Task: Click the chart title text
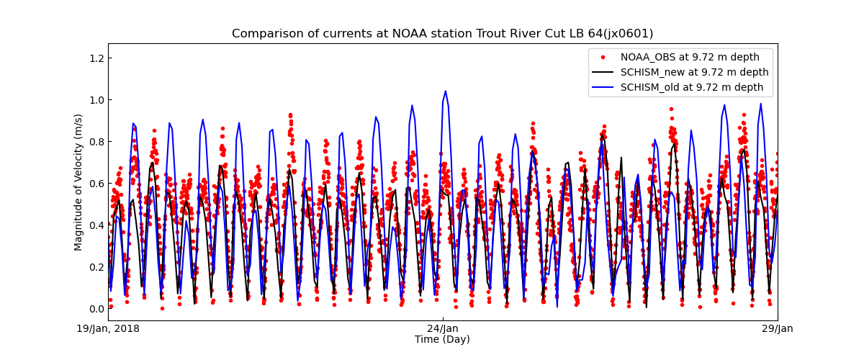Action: pos(442,34)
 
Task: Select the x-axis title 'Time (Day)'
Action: pos(442,339)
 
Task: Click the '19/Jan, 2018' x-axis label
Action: pos(109,329)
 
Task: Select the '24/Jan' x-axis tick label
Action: pos(443,329)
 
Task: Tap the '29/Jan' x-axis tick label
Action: pos(777,329)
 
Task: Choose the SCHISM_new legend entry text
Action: pos(694,72)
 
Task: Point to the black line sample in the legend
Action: pos(603,72)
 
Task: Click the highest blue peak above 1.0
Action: pos(445,91)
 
